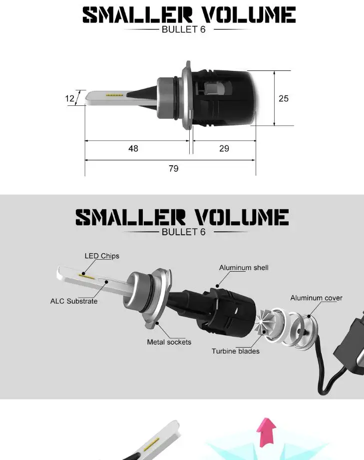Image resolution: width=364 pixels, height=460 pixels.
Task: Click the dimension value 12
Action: click(69, 98)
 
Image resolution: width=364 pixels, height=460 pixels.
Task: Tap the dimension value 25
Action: click(283, 98)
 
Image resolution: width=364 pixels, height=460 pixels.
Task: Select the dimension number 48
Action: click(133, 148)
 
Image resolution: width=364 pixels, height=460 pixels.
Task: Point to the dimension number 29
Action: click(224, 148)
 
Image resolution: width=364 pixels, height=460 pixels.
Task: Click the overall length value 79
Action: click(173, 168)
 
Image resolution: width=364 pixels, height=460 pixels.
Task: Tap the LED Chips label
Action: click(102, 256)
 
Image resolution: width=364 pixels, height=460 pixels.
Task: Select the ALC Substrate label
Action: click(73, 301)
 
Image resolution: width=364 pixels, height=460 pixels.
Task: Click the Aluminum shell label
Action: click(244, 268)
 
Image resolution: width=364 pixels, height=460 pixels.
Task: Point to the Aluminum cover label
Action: click(316, 298)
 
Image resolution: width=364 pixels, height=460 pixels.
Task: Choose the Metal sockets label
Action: click(169, 342)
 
